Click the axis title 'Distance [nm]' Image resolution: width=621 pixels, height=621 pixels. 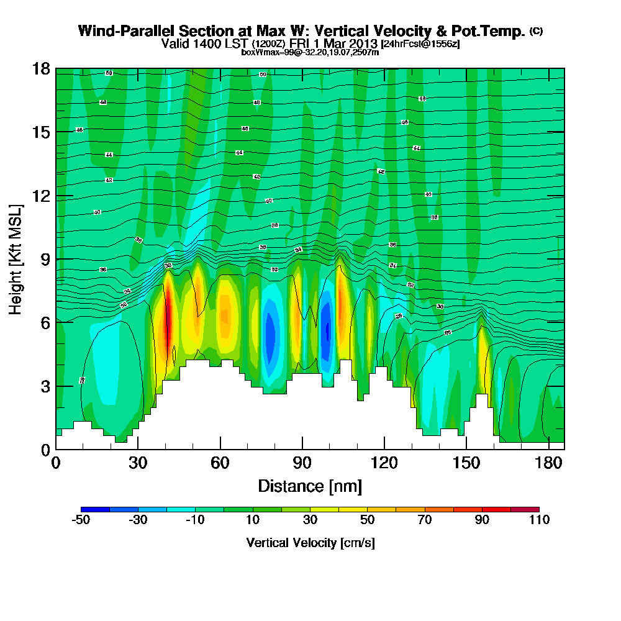click(x=310, y=485)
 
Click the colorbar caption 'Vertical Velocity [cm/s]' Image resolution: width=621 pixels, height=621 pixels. click(x=310, y=543)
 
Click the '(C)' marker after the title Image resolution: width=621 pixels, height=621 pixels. click(x=536, y=30)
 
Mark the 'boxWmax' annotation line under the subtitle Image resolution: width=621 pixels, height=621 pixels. click(x=310, y=52)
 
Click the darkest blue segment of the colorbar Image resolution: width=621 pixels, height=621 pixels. click(x=96, y=509)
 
